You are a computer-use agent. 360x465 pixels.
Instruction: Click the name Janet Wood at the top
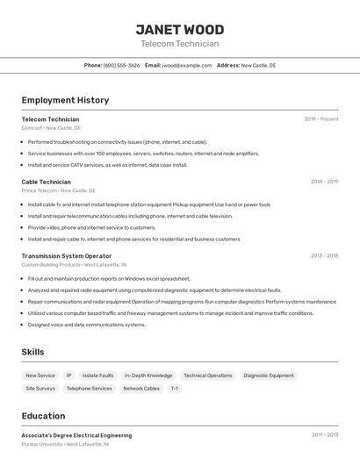[x=179, y=29]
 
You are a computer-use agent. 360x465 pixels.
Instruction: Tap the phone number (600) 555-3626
[x=121, y=65]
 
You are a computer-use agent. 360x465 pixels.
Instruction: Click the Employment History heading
[x=65, y=100]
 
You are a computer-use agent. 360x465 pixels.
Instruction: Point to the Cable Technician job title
[x=47, y=182]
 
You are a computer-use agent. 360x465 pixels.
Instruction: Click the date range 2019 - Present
[x=321, y=119]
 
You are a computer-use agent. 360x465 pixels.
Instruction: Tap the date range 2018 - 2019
[x=324, y=182]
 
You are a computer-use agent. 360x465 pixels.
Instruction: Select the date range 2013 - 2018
[x=324, y=256]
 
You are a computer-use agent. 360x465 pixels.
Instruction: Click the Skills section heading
[x=33, y=352]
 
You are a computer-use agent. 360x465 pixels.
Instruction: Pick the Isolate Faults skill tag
[x=97, y=376]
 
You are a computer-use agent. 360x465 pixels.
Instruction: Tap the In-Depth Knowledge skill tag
[x=148, y=376]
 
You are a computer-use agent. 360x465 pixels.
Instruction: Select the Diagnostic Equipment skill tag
[x=269, y=376]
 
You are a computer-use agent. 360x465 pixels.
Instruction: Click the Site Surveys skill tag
[x=40, y=388]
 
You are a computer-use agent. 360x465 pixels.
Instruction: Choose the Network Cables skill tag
[x=141, y=388]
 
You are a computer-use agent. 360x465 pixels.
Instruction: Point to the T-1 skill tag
[x=175, y=388]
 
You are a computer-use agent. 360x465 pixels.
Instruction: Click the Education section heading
[x=43, y=416]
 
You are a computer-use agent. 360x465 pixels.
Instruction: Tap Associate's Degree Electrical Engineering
[x=76, y=435]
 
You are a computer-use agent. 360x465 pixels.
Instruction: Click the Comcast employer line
[x=51, y=128]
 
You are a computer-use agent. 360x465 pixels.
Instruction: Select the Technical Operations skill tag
[x=208, y=376]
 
